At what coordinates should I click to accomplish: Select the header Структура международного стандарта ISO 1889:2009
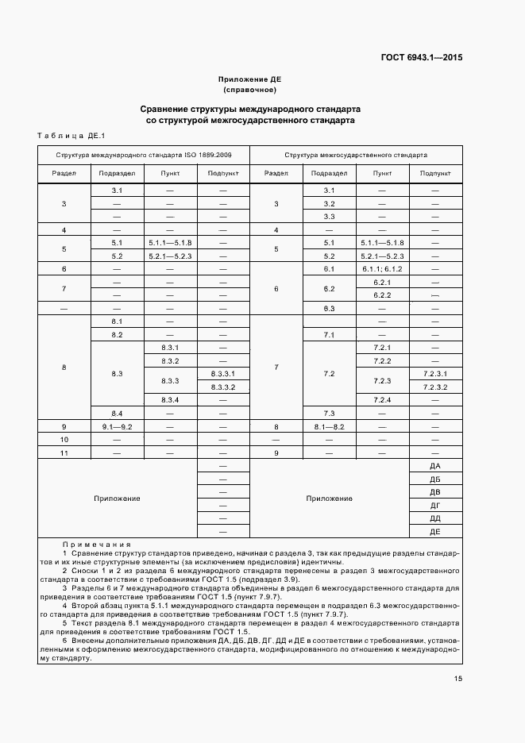click(x=144, y=156)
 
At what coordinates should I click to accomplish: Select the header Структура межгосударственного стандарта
click(x=355, y=156)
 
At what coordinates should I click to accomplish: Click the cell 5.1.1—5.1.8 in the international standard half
click(x=170, y=242)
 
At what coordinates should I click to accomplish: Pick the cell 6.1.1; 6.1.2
click(x=383, y=269)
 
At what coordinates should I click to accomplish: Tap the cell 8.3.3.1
click(x=222, y=373)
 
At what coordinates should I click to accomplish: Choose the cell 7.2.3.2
click(x=435, y=387)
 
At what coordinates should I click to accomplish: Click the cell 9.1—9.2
click(x=116, y=426)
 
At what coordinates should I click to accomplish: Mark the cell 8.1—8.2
click(x=329, y=426)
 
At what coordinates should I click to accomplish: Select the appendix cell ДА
click(x=434, y=465)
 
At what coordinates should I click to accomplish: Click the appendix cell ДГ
click(x=434, y=505)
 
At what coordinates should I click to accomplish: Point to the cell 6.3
click(x=329, y=308)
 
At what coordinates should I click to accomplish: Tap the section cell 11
click(x=64, y=452)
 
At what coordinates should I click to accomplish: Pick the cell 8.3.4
click(x=170, y=399)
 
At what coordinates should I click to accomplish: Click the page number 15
click(x=458, y=678)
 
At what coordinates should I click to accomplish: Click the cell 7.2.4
click(x=383, y=399)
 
